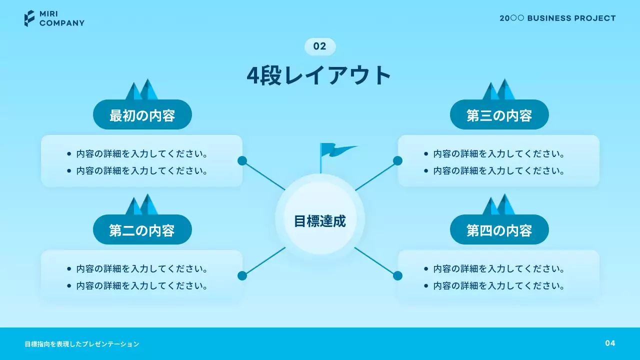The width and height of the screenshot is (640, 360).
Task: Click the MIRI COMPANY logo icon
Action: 29,18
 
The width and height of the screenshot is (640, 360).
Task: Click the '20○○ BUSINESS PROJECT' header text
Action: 557,18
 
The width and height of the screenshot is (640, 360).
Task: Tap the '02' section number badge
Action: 320,46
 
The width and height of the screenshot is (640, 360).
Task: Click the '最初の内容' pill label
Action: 142,115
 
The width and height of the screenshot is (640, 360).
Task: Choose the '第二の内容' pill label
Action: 142,230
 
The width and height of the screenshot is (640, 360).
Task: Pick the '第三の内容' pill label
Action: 499,115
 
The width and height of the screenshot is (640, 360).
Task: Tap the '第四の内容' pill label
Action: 499,230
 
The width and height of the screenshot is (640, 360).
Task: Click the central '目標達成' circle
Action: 320,220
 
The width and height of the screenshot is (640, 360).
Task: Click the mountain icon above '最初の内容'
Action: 142,90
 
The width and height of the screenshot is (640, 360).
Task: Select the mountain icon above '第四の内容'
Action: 499,205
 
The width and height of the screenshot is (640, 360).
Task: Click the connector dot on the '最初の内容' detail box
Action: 242,160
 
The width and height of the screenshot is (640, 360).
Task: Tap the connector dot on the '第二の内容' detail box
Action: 242,275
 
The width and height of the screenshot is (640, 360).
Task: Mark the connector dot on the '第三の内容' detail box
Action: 397,160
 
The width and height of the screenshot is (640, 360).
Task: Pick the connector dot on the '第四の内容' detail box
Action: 397,275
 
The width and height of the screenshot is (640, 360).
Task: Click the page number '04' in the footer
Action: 610,343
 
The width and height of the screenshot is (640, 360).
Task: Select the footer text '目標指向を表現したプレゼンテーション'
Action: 82,344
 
